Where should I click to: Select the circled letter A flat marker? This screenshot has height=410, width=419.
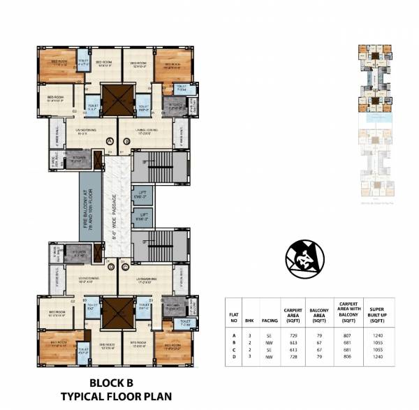[109, 141]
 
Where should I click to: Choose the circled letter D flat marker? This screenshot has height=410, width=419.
[109, 266]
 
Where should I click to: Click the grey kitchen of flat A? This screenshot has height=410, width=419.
[78, 159]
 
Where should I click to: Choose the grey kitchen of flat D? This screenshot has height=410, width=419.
[79, 254]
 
